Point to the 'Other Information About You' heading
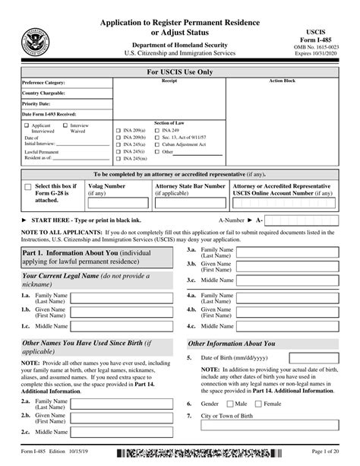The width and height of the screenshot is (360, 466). click(x=232, y=344)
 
